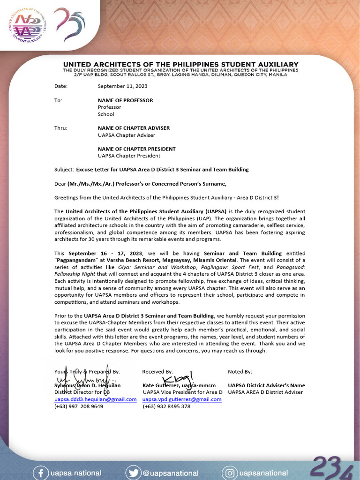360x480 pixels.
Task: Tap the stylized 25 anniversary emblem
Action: (x=69, y=25)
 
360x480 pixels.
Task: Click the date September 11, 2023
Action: (x=122, y=86)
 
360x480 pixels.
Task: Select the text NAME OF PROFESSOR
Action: (x=125, y=100)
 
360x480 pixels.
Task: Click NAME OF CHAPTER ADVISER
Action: (x=134, y=128)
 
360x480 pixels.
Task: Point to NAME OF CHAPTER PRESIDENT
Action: (x=136, y=149)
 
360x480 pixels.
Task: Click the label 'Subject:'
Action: (x=64, y=169)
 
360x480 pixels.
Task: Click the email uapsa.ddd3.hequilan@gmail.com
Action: (x=95, y=399)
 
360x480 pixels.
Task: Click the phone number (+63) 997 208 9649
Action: (x=79, y=406)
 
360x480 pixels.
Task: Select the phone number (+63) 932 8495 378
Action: (x=166, y=406)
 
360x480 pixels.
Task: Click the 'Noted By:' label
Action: (x=240, y=372)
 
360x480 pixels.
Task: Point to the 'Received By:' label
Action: (x=157, y=372)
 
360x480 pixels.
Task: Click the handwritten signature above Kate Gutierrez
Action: (x=175, y=379)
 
